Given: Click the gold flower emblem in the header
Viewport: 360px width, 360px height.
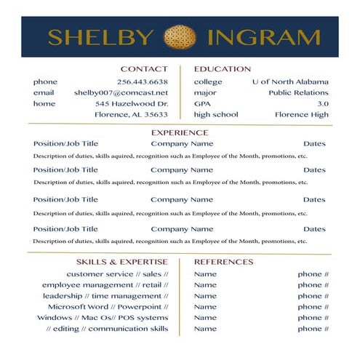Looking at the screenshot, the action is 180,37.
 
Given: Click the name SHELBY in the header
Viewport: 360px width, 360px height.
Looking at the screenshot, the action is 101,38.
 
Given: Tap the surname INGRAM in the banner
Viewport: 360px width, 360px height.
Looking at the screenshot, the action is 263,38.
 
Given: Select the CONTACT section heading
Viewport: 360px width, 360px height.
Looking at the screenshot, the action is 144,69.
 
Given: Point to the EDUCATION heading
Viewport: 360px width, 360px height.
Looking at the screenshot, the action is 223,69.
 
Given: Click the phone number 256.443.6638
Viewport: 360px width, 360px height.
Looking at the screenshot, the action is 143,81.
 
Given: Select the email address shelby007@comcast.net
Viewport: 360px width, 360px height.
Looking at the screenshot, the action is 121,92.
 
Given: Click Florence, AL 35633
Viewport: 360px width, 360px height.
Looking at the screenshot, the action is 132,114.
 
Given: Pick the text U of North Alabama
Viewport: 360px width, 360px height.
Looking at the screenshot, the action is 290,81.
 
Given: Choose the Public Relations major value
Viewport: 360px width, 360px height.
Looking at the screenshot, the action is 298,92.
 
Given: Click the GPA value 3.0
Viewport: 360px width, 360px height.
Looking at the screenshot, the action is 323,103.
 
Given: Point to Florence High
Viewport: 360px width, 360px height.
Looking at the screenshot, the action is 302,114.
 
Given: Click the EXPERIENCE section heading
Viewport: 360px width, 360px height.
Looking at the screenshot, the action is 180,133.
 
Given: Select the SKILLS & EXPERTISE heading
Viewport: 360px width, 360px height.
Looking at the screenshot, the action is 122,261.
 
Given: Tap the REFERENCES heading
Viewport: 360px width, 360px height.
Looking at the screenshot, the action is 224,261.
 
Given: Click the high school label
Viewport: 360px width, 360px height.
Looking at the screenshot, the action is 216,114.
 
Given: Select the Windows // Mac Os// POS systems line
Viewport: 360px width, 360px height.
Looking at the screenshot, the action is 103,317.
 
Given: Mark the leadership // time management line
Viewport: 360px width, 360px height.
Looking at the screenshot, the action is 105,295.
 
